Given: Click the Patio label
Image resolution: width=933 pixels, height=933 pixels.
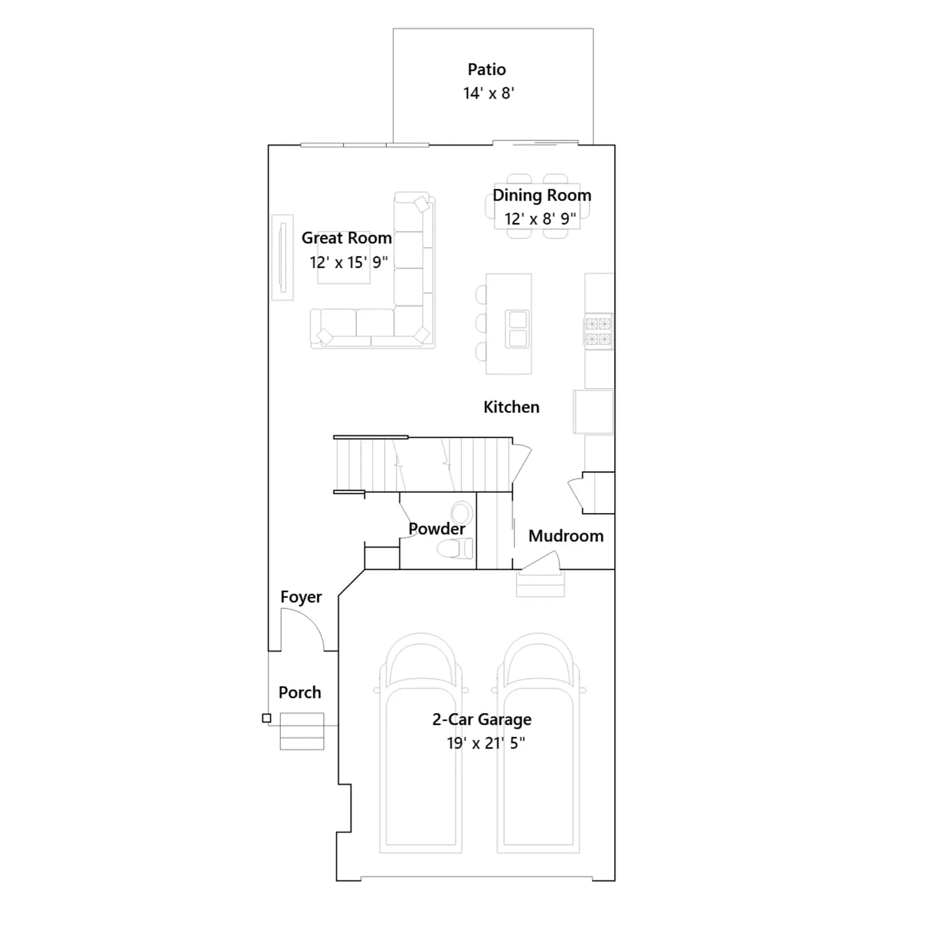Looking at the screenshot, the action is (x=486, y=69).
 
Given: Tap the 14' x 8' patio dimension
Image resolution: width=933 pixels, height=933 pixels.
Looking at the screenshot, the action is (x=489, y=93).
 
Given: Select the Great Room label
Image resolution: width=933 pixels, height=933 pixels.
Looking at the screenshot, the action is (x=346, y=238).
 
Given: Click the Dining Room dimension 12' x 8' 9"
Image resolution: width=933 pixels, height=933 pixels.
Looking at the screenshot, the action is (x=540, y=219).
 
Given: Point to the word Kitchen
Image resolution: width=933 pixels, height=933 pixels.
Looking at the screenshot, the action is (x=511, y=407).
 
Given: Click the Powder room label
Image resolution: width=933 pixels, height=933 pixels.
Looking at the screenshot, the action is (x=437, y=529).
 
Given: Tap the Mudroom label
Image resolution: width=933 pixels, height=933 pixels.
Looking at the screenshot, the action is (x=566, y=536).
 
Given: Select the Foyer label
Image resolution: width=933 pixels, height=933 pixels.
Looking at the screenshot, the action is (x=301, y=597).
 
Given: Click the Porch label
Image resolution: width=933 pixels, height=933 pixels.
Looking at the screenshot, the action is (x=300, y=692).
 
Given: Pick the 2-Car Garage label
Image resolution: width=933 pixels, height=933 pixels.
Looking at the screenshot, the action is (x=482, y=720).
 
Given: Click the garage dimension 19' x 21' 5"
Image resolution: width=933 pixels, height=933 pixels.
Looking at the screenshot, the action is (x=486, y=743).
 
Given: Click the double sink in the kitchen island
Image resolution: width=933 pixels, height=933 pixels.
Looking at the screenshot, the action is (x=518, y=329).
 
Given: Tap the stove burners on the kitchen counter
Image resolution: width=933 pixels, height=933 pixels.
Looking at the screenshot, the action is (x=598, y=331).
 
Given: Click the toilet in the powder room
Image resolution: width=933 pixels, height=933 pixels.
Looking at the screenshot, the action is (x=455, y=549).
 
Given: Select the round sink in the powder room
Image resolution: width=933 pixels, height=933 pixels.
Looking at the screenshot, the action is (x=462, y=513).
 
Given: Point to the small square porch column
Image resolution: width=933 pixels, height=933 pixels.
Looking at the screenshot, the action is (x=266, y=718).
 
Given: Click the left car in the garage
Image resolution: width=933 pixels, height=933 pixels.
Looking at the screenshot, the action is (x=421, y=743).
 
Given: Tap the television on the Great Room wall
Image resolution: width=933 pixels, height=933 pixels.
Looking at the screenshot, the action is (x=283, y=258).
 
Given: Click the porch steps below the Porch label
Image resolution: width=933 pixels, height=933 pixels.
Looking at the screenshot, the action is (x=302, y=731).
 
